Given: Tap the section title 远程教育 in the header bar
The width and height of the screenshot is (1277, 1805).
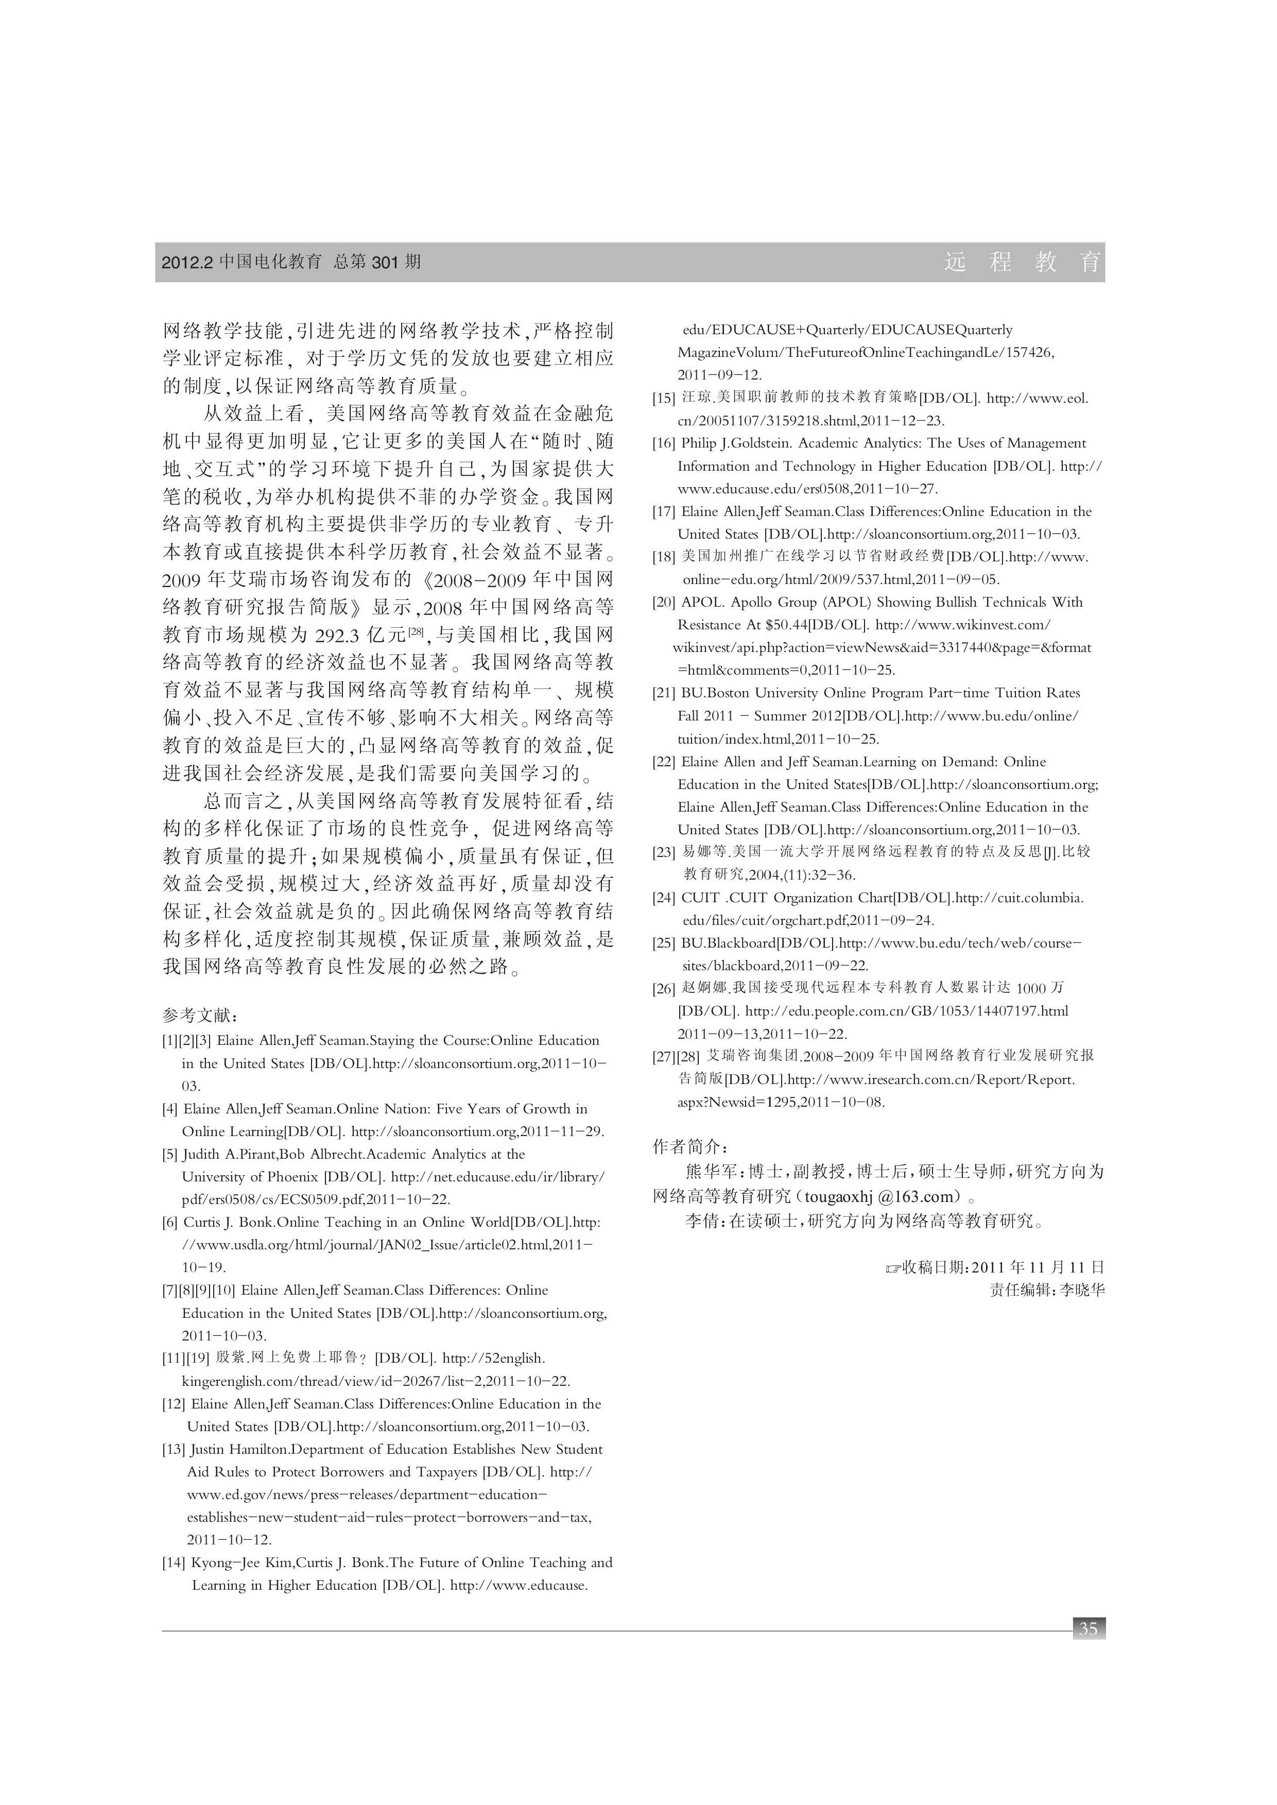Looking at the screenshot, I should pyautogui.click(x=1022, y=263).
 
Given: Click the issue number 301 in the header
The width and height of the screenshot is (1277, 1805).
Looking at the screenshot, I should pyautogui.click(x=385, y=263).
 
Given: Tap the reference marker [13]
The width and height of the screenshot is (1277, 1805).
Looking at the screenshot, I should pyautogui.click(x=174, y=1450).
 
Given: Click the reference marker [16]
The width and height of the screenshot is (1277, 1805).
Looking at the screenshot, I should pyautogui.click(x=664, y=443).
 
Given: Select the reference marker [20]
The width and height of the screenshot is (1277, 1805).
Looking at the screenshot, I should pyautogui.click(x=664, y=603).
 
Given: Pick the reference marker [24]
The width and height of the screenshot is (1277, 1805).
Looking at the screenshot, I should pyautogui.click(x=664, y=898).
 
